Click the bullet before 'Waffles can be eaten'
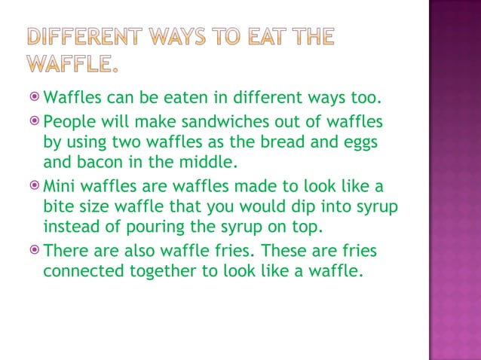click(35, 98)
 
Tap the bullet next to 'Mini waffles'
click(35, 185)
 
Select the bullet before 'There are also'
click(35, 249)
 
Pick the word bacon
click(103, 161)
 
